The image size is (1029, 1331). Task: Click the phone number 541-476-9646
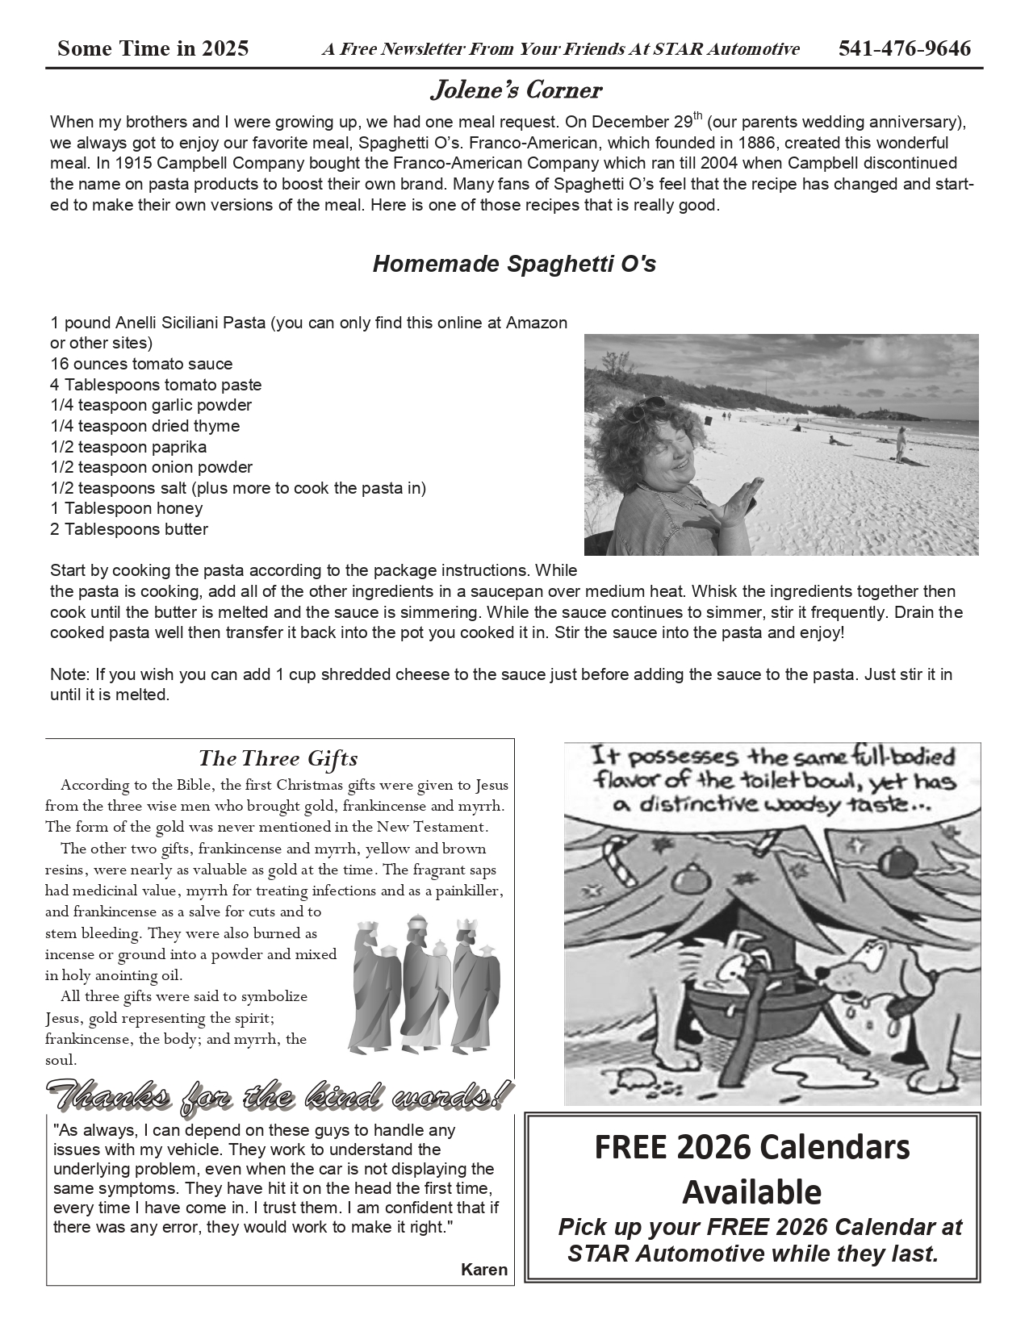[904, 49]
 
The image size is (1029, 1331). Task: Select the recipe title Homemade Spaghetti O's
[514, 264]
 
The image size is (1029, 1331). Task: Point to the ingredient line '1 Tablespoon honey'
[127, 508]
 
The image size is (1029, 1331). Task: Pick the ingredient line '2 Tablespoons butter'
[129, 529]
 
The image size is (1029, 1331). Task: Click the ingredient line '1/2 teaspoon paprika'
[128, 447]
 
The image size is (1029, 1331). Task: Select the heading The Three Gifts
[278, 758]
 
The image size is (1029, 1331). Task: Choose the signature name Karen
[484, 1270]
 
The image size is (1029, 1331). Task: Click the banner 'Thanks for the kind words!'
[279, 1095]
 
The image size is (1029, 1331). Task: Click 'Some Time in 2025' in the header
[153, 49]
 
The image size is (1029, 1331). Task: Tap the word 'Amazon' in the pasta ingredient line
[537, 323]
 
